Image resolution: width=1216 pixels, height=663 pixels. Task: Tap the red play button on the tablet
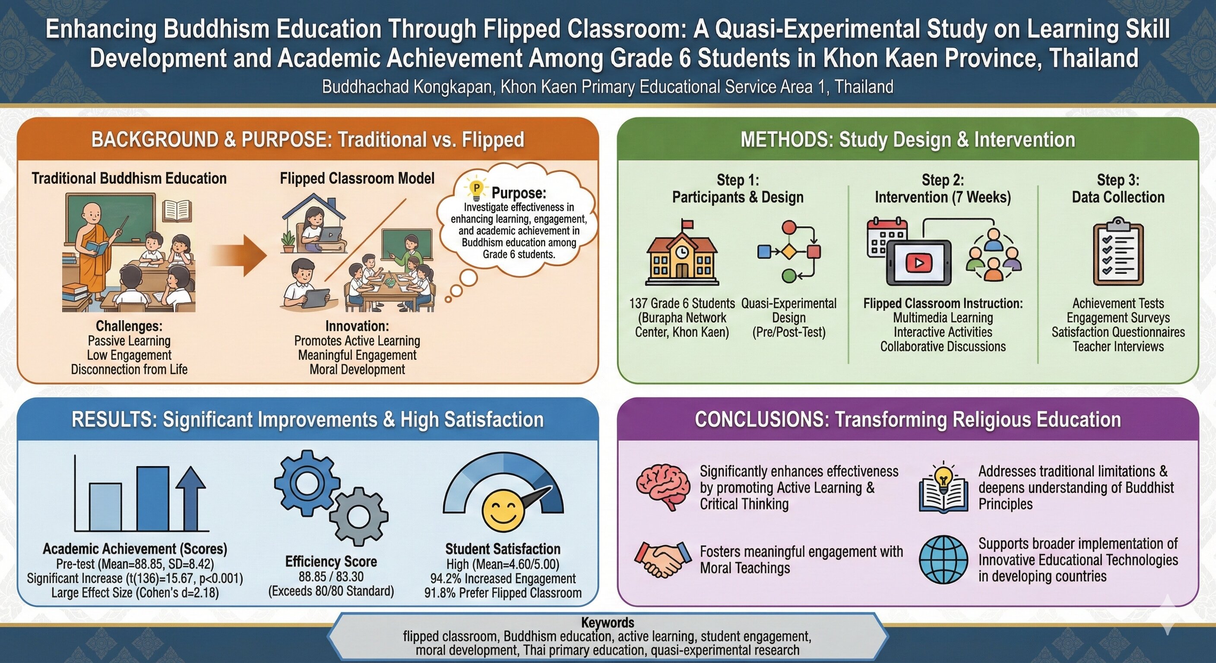coord(918,262)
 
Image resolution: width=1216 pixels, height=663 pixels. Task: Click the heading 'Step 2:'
coord(943,180)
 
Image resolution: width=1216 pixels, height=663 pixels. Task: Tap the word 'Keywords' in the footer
coord(608,622)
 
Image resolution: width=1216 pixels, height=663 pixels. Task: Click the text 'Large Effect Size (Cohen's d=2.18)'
coord(135,593)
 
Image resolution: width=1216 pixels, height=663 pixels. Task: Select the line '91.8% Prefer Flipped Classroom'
coord(503,593)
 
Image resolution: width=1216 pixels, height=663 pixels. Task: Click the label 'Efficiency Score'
coord(331,562)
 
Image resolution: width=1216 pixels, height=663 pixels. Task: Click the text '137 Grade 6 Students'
coord(682,303)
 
